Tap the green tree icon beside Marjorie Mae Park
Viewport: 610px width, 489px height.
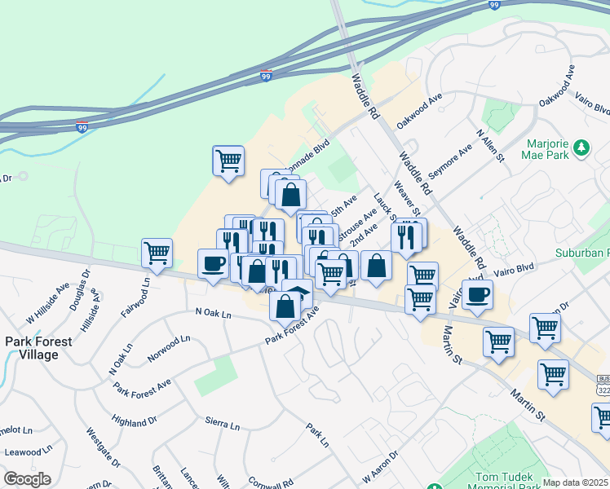pos(581,148)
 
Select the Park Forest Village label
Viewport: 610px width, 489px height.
pos(32,348)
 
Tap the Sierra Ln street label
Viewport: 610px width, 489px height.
pos(223,425)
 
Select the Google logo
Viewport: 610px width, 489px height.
pos(27,479)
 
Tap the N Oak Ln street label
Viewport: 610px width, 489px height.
pos(214,311)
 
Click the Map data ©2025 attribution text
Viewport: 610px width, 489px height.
pos(576,482)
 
